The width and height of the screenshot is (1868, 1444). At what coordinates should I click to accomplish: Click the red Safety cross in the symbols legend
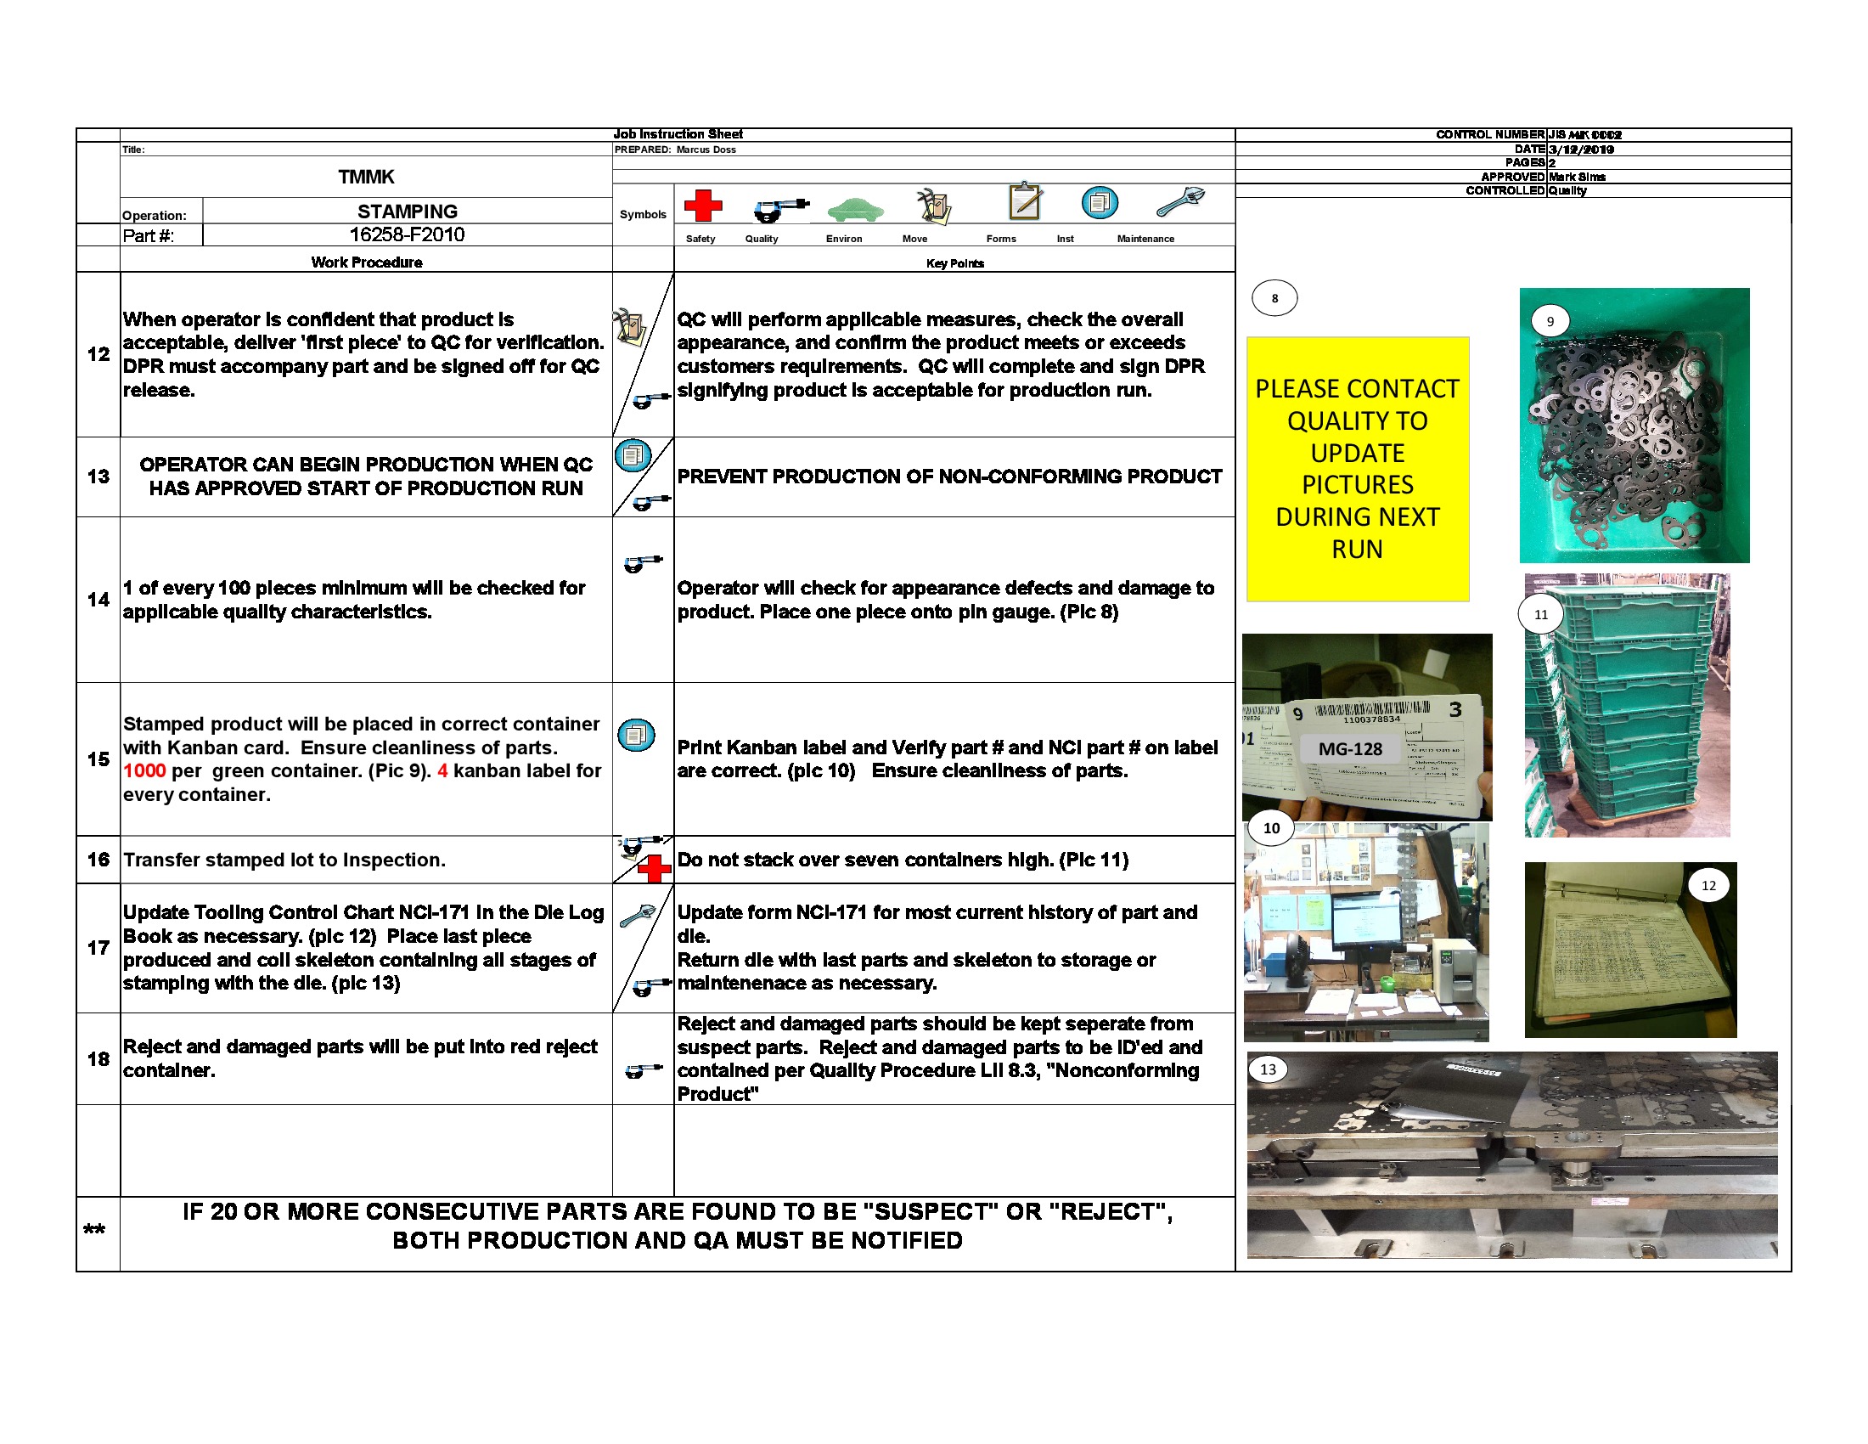(x=702, y=206)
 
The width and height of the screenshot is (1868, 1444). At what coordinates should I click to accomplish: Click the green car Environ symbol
(x=854, y=208)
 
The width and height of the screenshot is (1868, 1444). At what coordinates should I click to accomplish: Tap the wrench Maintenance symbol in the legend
(x=1180, y=203)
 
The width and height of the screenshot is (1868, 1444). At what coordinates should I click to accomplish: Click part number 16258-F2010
(x=406, y=234)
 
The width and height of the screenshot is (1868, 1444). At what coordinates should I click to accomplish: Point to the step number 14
(x=98, y=600)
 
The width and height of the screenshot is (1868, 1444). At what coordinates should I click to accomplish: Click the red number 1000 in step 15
(x=143, y=770)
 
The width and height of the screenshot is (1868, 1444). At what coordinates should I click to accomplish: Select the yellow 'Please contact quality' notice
(x=1358, y=469)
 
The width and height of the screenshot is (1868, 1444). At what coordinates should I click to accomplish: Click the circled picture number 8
(x=1274, y=298)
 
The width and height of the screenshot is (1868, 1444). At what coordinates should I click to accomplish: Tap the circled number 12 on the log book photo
(x=1708, y=885)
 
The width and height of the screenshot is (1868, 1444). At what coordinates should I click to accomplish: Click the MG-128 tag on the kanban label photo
(x=1350, y=748)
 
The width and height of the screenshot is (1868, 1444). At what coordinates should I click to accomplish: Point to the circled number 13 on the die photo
(x=1268, y=1069)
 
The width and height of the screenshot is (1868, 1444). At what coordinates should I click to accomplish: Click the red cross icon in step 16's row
(x=655, y=869)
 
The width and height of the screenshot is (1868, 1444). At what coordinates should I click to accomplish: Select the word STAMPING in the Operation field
(x=407, y=212)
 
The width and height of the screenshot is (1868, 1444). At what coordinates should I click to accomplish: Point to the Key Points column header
(x=954, y=263)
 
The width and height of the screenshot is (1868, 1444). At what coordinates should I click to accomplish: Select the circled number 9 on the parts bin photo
(x=1550, y=322)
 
